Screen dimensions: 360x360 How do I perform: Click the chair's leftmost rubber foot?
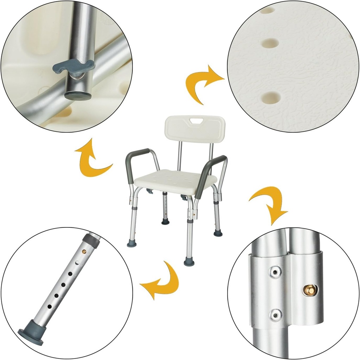pyautogui.click(x=132, y=244)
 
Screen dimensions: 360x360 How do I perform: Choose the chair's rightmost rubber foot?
pyautogui.click(x=218, y=233)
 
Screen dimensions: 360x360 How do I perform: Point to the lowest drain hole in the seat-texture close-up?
pyautogui.click(x=271, y=96)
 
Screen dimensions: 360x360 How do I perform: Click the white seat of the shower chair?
pyautogui.click(x=175, y=180)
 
